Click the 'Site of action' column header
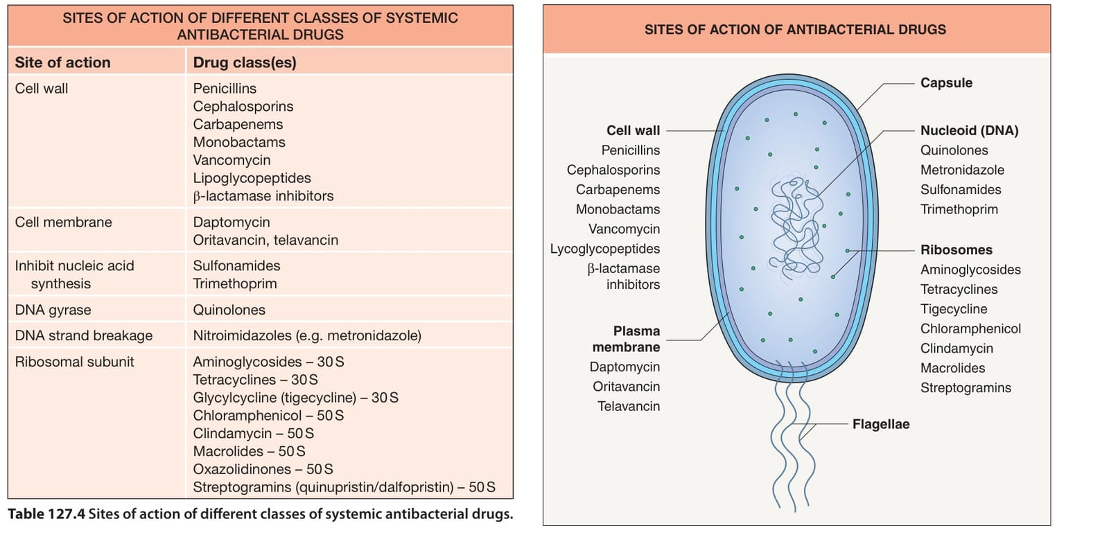(x=62, y=62)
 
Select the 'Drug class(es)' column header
(x=245, y=62)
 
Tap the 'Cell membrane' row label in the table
(x=63, y=222)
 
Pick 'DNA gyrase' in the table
(x=53, y=310)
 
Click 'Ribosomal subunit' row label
(x=74, y=362)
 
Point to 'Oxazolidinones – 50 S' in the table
(x=263, y=469)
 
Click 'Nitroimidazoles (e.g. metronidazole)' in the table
(x=307, y=335)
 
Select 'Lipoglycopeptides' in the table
(x=252, y=178)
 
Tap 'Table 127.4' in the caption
(x=46, y=514)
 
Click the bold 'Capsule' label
(x=946, y=82)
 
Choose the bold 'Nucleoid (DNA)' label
(x=970, y=131)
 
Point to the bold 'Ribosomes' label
(x=957, y=250)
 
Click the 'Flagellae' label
(x=881, y=424)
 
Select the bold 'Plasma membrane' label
(x=627, y=339)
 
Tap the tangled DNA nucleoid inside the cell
(x=796, y=228)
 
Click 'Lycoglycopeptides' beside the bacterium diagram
(x=605, y=249)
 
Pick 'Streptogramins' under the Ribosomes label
(x=966, y=388)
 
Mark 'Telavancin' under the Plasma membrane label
(x=628, y=406)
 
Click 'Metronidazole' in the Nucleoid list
(x=962, y=170)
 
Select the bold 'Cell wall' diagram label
(x=634, y=131)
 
